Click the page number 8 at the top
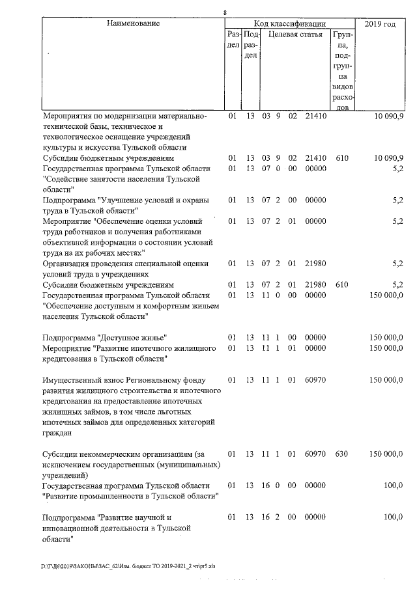pos(225,12)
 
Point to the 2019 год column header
pos(380,24)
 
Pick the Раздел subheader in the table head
pos(233,40)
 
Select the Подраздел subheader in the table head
pos(250,46)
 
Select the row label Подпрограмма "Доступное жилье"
pos(105,337)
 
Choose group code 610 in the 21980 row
pos(342,285)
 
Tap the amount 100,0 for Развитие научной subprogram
pos(393,517)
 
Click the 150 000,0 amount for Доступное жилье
pos(386,337)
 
